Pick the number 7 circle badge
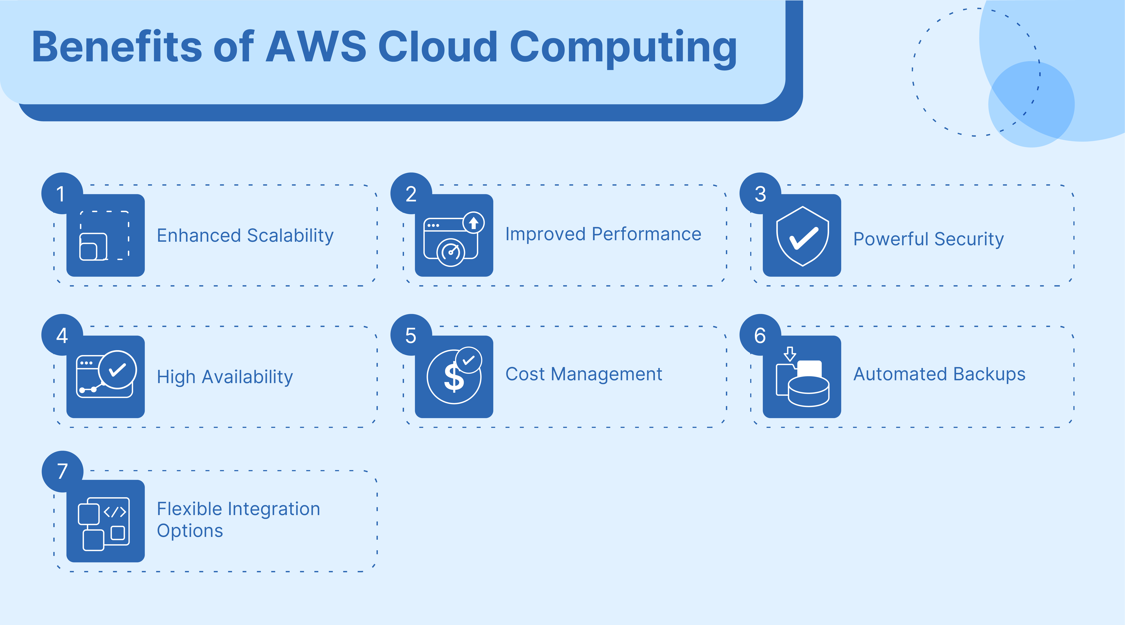tap(62, 471)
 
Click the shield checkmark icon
tap(802, 236)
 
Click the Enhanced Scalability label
tap(245, 236)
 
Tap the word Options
tap(190, 531)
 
